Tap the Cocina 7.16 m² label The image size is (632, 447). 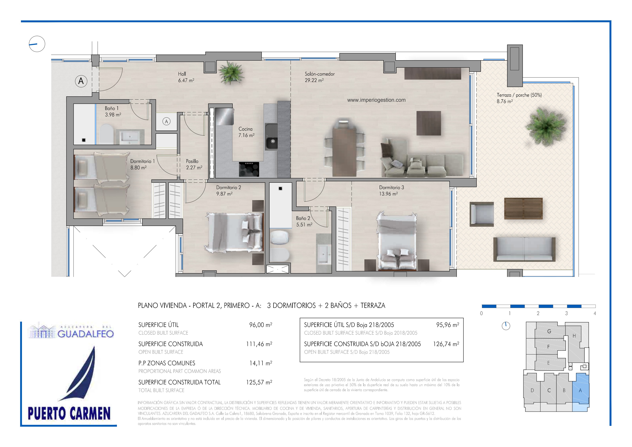coord(246,132)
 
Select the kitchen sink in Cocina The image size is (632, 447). coord(271,137)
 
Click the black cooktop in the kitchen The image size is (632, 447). coord(249,169)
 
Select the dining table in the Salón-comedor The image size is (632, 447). coord(344,148)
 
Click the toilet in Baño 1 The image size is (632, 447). coord(106,134)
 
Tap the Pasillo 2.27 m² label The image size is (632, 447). coord(194,164)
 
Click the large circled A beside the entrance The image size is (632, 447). coord(81,81)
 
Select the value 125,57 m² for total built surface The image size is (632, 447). coord(259,382)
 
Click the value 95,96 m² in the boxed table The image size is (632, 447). coord(448,325)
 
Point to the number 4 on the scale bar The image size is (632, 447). coord(595,313)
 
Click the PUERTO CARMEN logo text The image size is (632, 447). coord(69,414)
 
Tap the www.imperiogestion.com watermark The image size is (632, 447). coord(376,100)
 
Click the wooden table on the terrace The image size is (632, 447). coord(523,208)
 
